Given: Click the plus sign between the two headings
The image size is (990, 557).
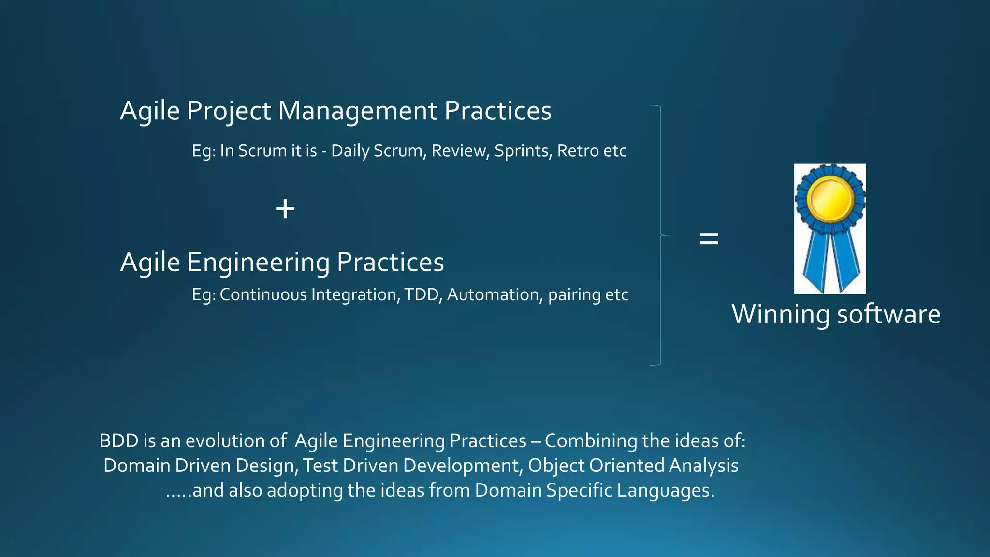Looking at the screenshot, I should click(285, 209).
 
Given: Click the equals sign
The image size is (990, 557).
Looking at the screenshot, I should click(709, 238).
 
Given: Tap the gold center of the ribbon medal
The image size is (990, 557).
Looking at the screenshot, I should click(830, 198).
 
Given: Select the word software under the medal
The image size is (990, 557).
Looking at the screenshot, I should click(888, 314).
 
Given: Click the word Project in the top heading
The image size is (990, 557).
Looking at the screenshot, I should click(229, 111).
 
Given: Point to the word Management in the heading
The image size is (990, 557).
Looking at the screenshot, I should click(357, 111).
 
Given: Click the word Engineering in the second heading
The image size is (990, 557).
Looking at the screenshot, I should click(258, 262).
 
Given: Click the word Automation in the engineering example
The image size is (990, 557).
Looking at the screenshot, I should click(493, 294).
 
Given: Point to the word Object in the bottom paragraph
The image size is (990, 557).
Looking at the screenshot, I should click(556, 466).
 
